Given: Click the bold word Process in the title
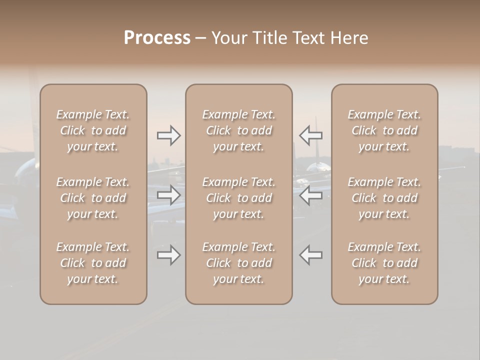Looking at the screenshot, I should [x=157, y=38].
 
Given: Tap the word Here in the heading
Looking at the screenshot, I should [x=350, y=38].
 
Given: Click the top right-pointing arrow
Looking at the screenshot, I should [x=168, y=135].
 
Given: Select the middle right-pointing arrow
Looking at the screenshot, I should [x=168, y=195].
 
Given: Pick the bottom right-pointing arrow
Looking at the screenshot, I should [x=168, y=255].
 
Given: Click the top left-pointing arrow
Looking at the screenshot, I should [x=311, y=135].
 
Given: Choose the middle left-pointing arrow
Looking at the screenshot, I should [x=311, y=195].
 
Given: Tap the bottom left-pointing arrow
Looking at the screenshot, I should [x=311, y=255].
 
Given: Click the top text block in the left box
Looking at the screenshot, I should [x=93, y=130].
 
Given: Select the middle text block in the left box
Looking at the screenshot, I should [x=93, y=198].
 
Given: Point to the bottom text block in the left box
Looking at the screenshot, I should [x=93, y=263].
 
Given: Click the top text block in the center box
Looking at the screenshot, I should [x=239, y=130].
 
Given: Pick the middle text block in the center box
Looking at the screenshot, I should [x=239, y=198].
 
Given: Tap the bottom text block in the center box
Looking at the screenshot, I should [x=239, y=263].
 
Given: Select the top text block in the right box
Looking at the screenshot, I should [x=384, y=130].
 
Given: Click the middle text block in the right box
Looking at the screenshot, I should [x=384, y=198].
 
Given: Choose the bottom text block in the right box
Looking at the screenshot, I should [x=384, y=263].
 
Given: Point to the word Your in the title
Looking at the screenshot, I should [x=228, y=38].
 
